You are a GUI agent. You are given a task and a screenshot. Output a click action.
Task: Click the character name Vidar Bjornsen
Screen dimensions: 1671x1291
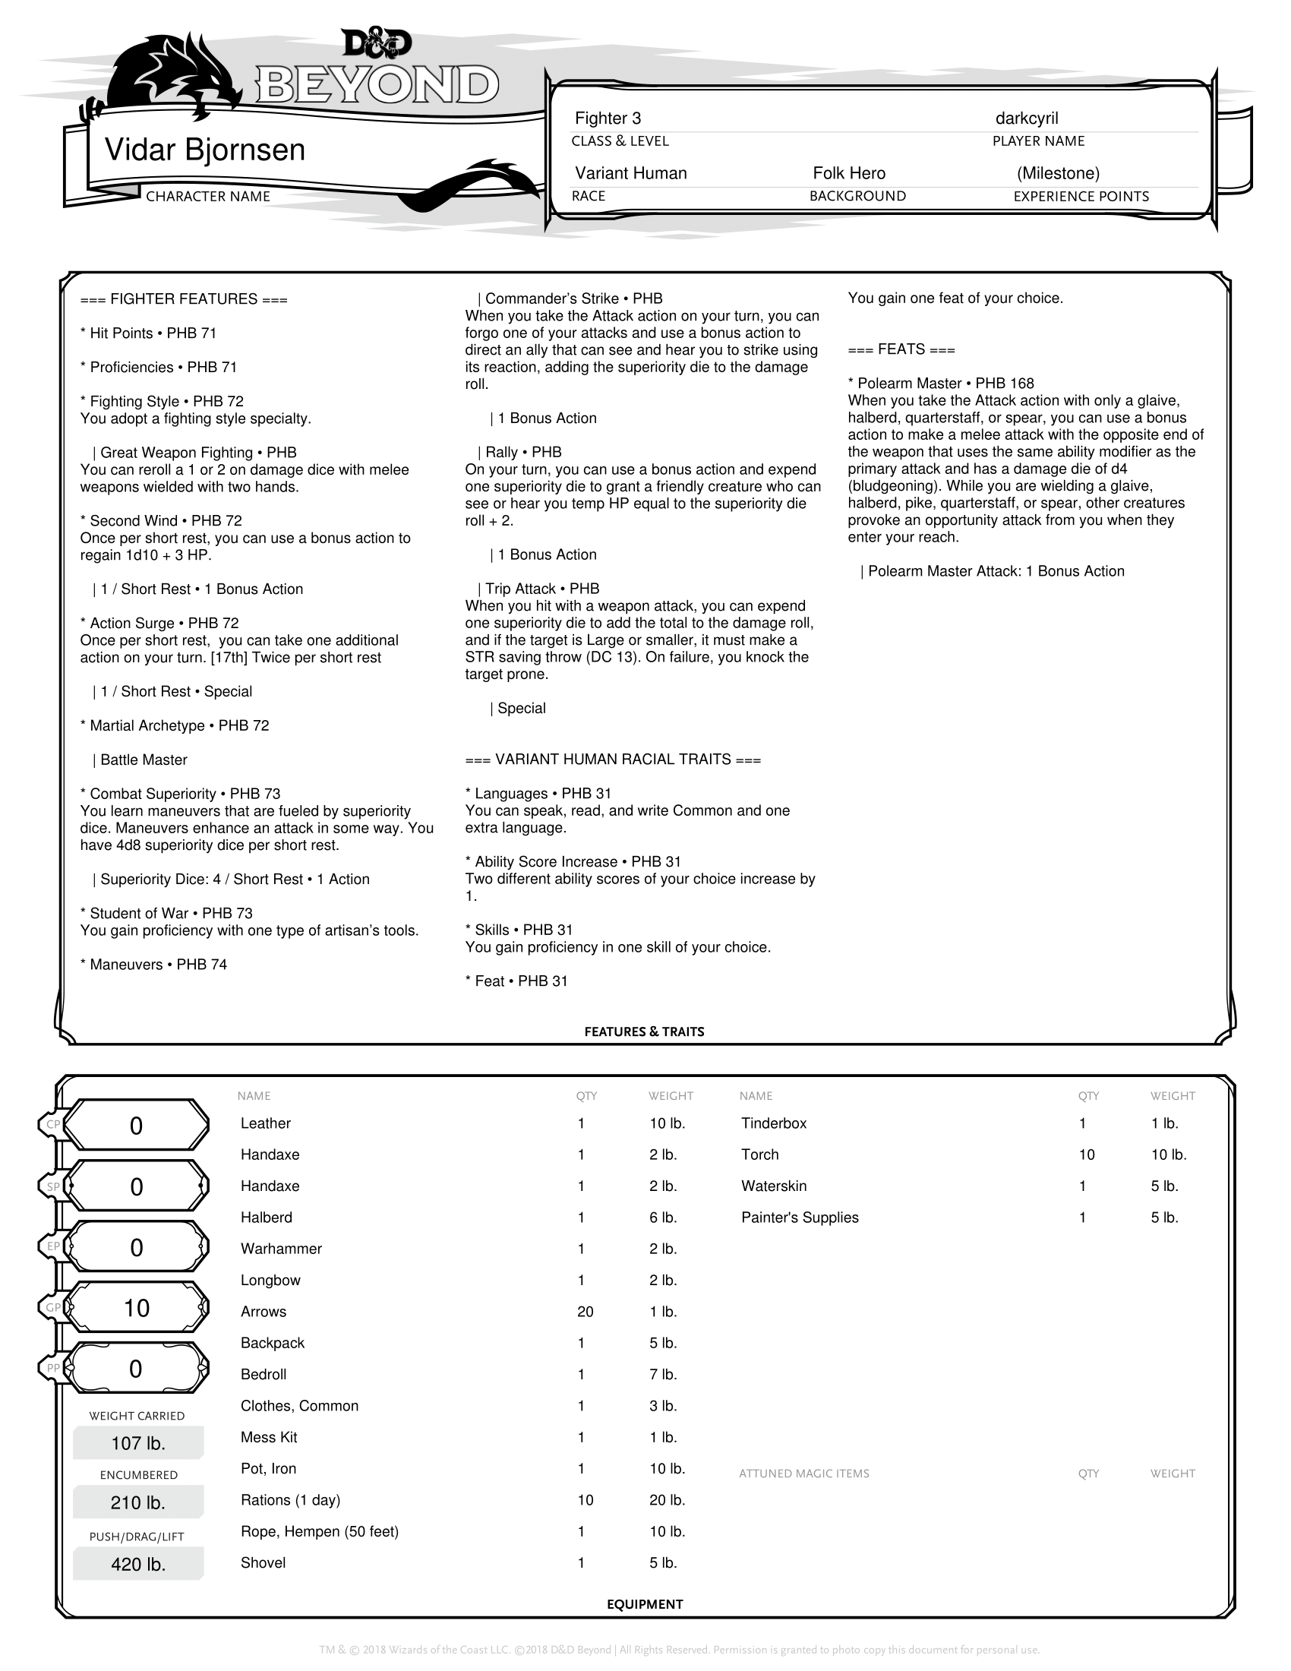[x=204, y=150]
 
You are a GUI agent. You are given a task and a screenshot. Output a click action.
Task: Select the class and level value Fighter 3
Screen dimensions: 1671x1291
[x=608, y=118]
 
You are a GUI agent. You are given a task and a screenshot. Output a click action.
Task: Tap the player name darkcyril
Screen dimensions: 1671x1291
[x=1027, y=118]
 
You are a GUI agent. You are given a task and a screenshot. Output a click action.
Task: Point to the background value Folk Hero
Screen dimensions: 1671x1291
[x=849, y=174]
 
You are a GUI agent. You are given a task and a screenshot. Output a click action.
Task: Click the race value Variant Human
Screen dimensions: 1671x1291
[x=631, y=174]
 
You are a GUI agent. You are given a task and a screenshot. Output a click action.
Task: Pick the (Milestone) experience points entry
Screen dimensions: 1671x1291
[x=1058, y=174]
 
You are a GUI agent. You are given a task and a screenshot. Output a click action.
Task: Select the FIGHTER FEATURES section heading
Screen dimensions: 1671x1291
[x=184, y=299]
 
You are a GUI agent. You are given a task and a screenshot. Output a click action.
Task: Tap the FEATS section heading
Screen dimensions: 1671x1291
[x=901, y=349]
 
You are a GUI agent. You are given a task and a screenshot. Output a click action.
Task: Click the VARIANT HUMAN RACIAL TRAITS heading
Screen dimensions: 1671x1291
[x=613, y=760]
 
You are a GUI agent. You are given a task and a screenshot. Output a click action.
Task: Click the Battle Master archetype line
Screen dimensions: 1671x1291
[x=144, y=760]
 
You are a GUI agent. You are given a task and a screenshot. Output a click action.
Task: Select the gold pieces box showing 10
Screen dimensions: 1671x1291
[x=137, y=1309]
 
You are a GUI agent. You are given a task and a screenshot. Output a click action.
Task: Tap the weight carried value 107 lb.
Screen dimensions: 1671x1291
[x=137, y=1443]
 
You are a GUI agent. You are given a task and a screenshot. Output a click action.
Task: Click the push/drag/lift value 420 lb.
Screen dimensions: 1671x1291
[x=137, y=1565]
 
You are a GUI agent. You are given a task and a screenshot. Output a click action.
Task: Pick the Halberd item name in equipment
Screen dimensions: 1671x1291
[x=266, y=1218]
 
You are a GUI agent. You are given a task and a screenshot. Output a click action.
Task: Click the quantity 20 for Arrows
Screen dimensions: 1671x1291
[x=585, y=1312]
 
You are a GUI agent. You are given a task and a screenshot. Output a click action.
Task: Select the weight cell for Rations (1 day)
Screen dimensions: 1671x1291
[x=667, y=1499]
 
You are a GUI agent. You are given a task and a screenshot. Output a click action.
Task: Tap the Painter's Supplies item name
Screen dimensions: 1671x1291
[x=799, y=1218]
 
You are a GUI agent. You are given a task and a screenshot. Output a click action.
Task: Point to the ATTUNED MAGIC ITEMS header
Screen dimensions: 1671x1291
[x=803, y=1474]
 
